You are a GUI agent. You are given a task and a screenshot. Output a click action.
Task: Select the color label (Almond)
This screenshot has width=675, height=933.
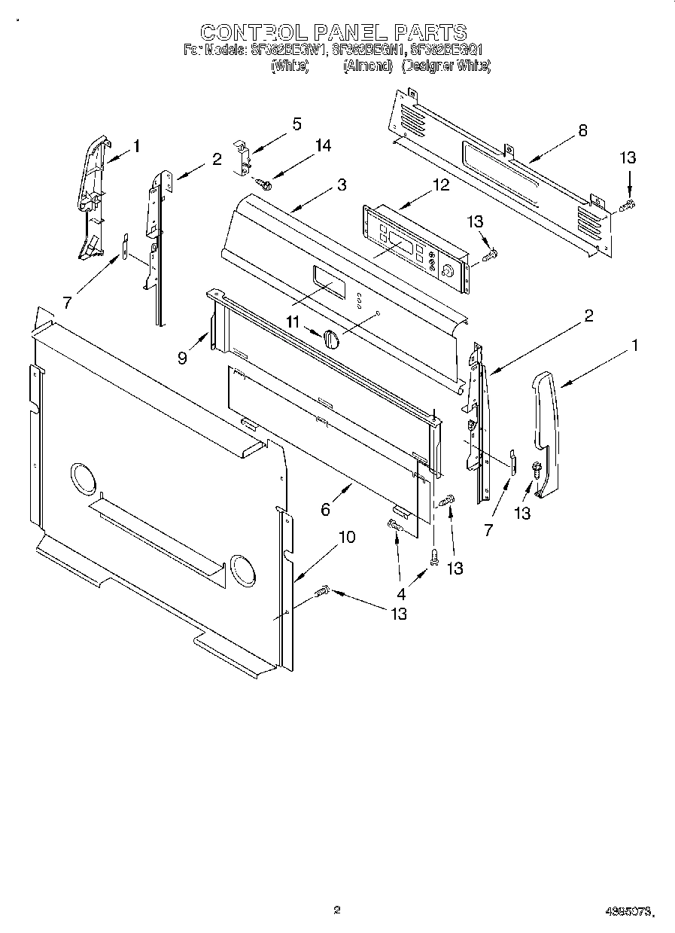click(x=368, y=66)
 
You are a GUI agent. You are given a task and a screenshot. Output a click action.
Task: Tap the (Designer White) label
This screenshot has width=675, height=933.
click(x=446, y=66)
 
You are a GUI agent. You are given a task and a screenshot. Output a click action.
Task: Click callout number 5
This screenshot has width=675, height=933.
click(x=296, y=124)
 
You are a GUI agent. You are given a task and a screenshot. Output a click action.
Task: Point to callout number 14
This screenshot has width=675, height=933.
click(x=323, y=146)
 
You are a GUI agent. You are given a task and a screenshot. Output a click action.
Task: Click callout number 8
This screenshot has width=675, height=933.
click(x=582, y=130)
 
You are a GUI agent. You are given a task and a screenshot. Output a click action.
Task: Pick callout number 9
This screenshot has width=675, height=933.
click(x=182, y=358)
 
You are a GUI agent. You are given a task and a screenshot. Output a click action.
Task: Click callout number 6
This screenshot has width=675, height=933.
click(x=325, y=510)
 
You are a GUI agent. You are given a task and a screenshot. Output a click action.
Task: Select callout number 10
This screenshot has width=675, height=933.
click(x=346, y=538)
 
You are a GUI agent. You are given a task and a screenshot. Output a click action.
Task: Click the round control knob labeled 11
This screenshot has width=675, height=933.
click(x=331, y=340)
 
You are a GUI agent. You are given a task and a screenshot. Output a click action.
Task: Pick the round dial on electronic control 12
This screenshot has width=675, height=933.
click(x=449, y=272)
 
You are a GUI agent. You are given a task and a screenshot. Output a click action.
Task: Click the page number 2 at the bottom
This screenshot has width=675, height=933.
click(x=337, y=910)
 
